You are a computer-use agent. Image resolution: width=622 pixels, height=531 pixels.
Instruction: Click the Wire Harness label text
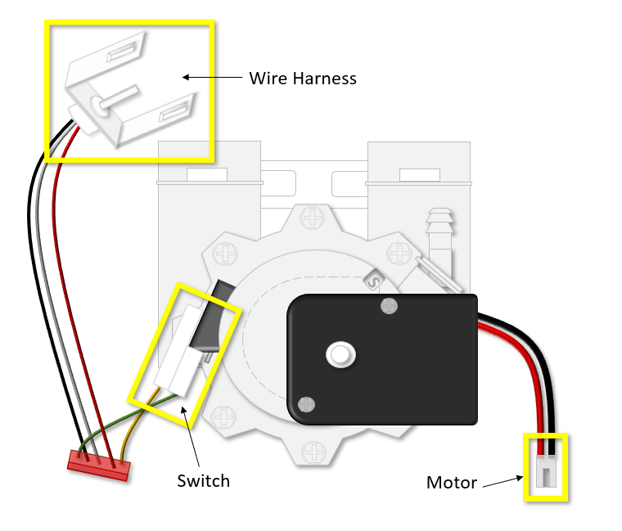tap(303, 79)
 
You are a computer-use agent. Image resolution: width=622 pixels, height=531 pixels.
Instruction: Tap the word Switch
tap(203, 480)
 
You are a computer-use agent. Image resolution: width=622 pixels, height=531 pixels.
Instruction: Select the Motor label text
tap(451, 483)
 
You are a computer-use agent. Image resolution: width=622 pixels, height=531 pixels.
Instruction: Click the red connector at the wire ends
tap(98, 465)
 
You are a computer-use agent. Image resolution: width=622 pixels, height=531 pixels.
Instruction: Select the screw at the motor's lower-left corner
tap(305, 403)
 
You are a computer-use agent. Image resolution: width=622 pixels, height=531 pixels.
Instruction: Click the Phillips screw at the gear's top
tap(313, 218)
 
